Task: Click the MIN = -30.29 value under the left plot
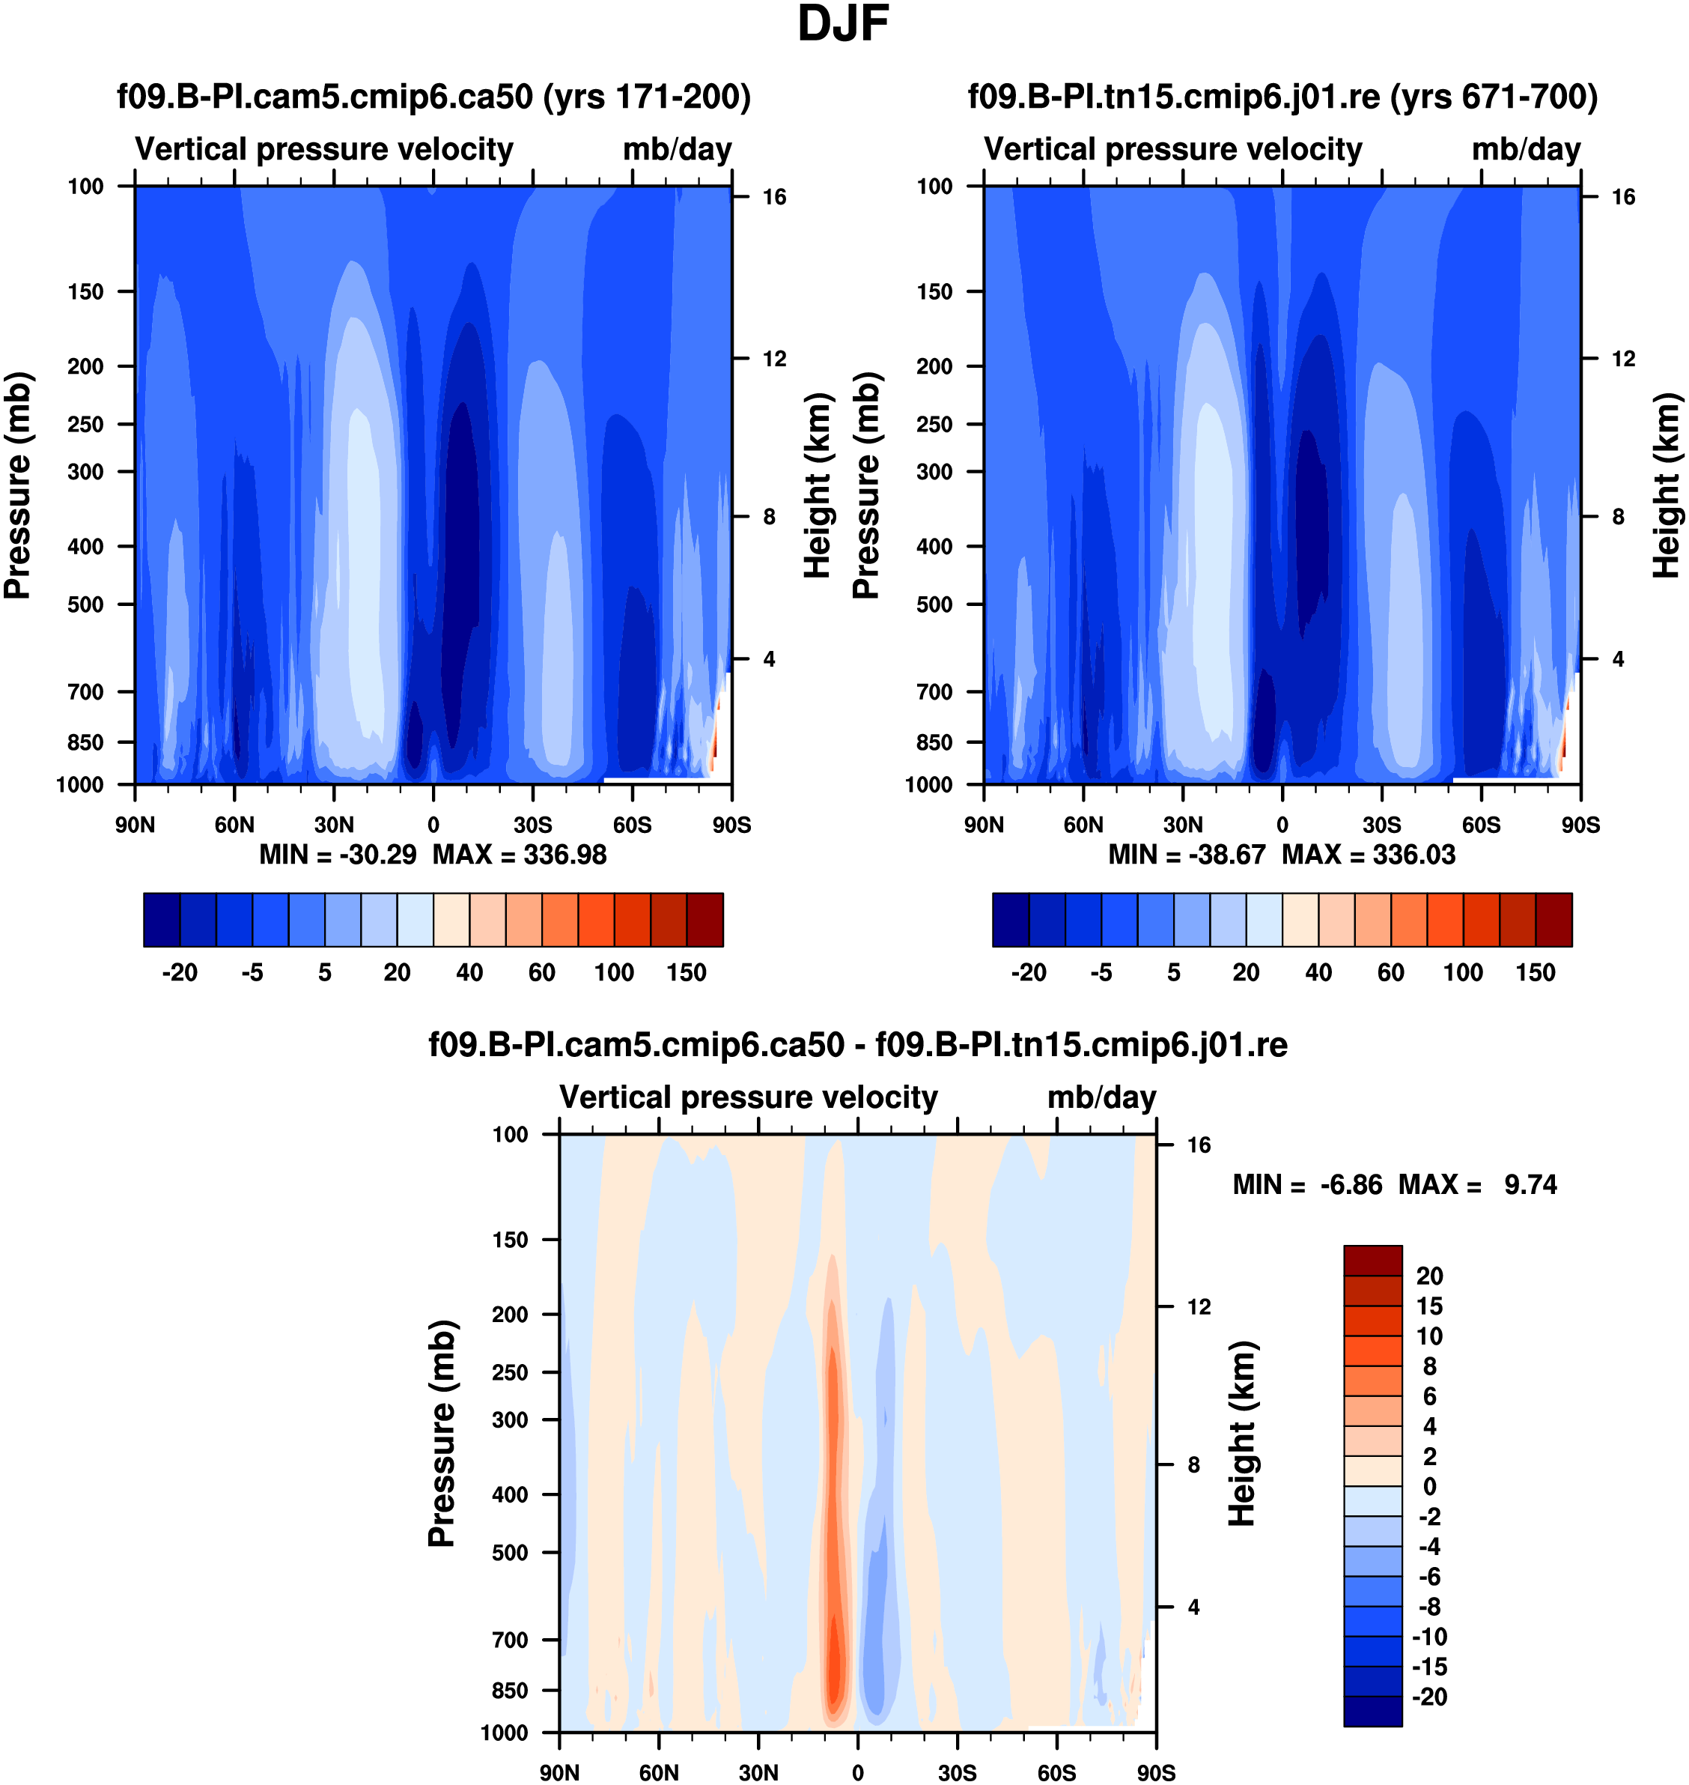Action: click(x=338, y=855)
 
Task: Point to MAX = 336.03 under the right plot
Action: click(x=1369, y=855)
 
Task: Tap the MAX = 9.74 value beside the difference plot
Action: click(x=1477, y=1184)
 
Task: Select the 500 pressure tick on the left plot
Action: click(x=85, y=604)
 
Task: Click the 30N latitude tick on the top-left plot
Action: click(x=334, y=825)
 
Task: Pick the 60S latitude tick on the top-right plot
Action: click(x=1481, y=825)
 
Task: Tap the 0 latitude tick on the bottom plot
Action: click(x=858, y=1772)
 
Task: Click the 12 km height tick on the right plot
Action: click(x=1623, y=359)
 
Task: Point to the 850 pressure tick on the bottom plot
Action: click(x=510, y=1691)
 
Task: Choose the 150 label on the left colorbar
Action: click(x=686, y=973)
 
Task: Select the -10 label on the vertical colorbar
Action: click(x=1430, y=1637)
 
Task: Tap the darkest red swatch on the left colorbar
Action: click(x=705, y=920)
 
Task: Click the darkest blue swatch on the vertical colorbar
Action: click(x=1372, y=1710)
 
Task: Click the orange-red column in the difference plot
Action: click(x=834, y=1531)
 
